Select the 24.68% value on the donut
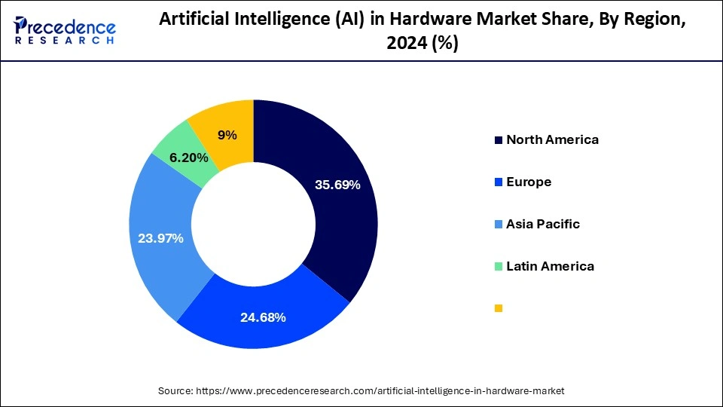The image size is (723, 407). coord(263,317)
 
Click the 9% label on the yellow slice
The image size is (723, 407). coord(227,135)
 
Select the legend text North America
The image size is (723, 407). coord(552,139)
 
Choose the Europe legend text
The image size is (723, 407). coord(529,182)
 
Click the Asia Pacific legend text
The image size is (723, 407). coord(543,224)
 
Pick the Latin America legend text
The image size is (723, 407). coord(550,266)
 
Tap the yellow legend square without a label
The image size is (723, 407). coord(498,308)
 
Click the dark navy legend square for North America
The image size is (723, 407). coord(498,140)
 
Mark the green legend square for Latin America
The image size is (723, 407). coord(498,267)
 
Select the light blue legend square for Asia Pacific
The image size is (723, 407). coord(498,225)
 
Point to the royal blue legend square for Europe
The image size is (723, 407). coord(498,182)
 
